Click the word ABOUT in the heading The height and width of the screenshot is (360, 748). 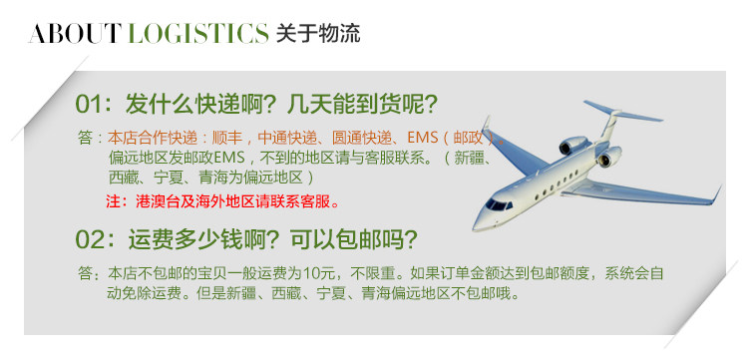[73, 33]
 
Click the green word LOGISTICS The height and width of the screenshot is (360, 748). [198, 33]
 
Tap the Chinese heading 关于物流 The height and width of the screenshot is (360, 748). [318, 33]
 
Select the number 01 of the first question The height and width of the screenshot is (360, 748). [89, 105]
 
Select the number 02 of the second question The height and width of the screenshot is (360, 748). [89, 239]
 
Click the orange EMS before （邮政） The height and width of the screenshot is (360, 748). [422, 138]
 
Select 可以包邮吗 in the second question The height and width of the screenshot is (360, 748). [353, 239]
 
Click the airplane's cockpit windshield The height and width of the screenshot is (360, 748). [498, 205]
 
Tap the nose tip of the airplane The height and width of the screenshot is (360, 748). [474, 228]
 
